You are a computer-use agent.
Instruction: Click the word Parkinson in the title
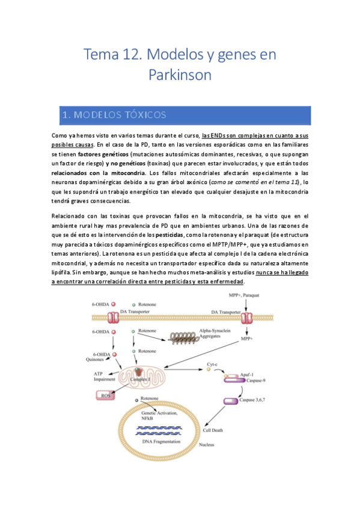(x=180, y=76)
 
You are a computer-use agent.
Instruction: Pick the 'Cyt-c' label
(x=212, y=364)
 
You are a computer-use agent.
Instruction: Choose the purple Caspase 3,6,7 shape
(x=230, y=401)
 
